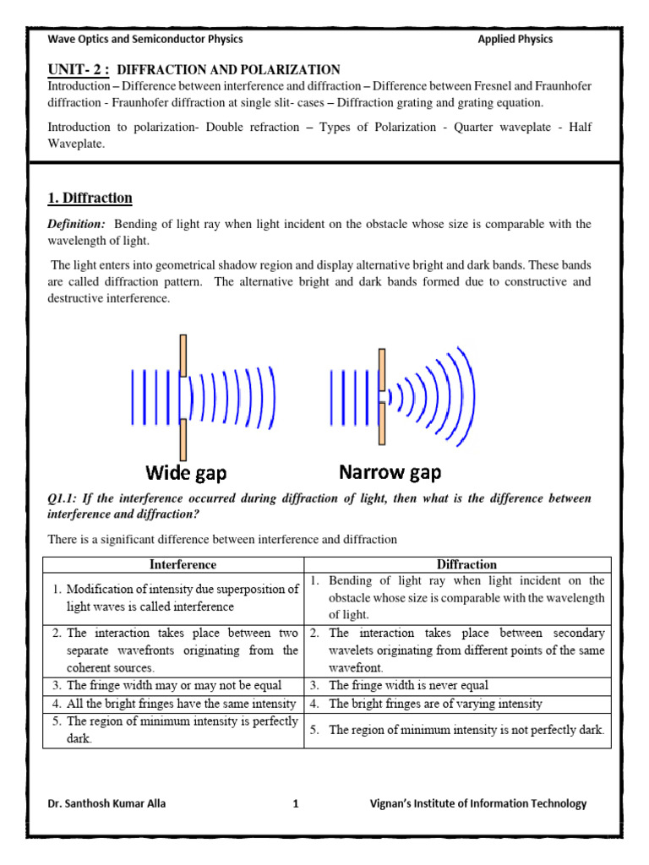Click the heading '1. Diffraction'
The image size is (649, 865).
pos(90,199)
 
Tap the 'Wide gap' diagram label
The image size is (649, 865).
pos(186,472)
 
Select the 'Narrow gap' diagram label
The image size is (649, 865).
pos(390,472)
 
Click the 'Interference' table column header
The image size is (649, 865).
pos(183,564)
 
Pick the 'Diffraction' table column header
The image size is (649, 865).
pos(466,564)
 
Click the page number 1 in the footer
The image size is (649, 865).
pos(296,804)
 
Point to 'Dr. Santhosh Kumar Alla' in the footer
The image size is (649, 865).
pos(106,804)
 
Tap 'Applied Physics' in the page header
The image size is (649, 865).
pos(515,39)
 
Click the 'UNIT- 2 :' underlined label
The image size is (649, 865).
pos(79,69)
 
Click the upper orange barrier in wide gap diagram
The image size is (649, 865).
pos(183,355)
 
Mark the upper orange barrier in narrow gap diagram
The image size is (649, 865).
pos(383,369)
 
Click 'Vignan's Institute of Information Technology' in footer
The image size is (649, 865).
pos(478,804)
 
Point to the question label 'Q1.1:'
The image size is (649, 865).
pos(65,499)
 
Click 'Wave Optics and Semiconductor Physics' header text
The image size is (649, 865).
pos(145,39)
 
